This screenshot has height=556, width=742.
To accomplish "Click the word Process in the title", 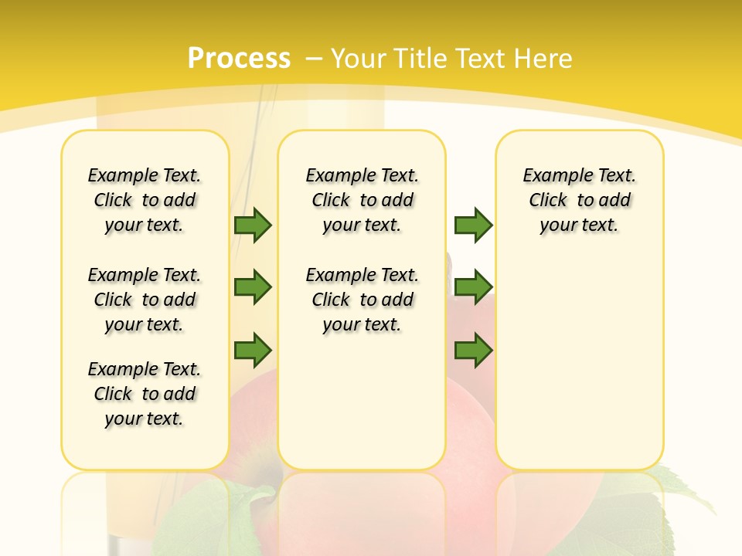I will pos(239,58).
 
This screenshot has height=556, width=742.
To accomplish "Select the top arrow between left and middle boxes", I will pos(253,225).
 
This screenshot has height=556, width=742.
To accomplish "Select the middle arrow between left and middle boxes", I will pos(253,288).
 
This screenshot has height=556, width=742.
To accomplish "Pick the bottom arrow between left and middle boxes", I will pos(253,351).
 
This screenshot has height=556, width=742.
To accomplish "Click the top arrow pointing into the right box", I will pos(473,225).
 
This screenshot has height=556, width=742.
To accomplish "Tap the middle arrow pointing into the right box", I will pos(473,288).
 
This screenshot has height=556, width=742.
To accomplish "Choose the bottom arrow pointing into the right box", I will pos(473,351).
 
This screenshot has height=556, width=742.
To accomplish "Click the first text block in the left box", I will pos(145,200).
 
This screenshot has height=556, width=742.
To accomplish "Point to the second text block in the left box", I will pos(145,300).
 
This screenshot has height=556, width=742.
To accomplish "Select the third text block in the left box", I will pos(145,394).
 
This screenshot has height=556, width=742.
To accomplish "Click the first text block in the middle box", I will pos(362,200).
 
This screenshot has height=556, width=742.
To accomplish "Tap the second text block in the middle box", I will pos(362,300).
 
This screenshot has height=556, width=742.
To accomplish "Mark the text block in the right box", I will pos(579,200).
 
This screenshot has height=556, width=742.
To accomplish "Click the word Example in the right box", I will pos(552,176).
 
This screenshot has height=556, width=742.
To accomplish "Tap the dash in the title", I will pos(314,59).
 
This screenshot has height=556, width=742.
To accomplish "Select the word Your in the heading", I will pos(359,59).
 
